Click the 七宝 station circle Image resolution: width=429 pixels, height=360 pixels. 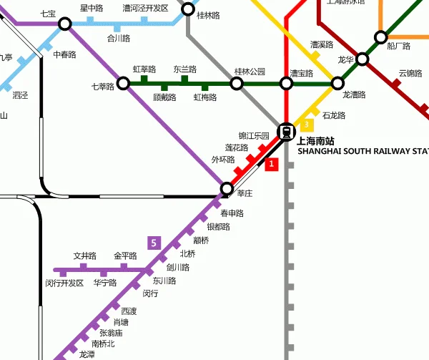[65, 24]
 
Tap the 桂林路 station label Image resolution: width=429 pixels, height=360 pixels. [209, 14]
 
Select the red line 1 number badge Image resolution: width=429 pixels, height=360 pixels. [271, 165]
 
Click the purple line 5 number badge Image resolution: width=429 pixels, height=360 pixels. [154, 243]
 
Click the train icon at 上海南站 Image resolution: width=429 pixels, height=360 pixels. [287, 132]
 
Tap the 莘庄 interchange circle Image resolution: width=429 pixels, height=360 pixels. [227, 188]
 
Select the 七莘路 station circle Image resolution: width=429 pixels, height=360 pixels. [123, 84]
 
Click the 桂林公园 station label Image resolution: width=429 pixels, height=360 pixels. [250, 72]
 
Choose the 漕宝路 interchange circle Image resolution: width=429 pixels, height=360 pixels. [287, 84]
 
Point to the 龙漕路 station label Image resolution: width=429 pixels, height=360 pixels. [355, 94]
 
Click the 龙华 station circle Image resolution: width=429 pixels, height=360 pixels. [363, 60]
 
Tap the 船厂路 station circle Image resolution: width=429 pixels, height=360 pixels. [381, 37]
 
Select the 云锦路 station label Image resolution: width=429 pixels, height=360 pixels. [411, 73]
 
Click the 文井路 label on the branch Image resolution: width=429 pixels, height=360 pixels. [84, 256]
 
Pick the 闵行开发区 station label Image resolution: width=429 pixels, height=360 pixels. [64, 283]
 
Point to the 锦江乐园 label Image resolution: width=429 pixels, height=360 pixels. [254, 136]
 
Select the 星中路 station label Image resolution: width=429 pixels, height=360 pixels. [92, 8]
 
